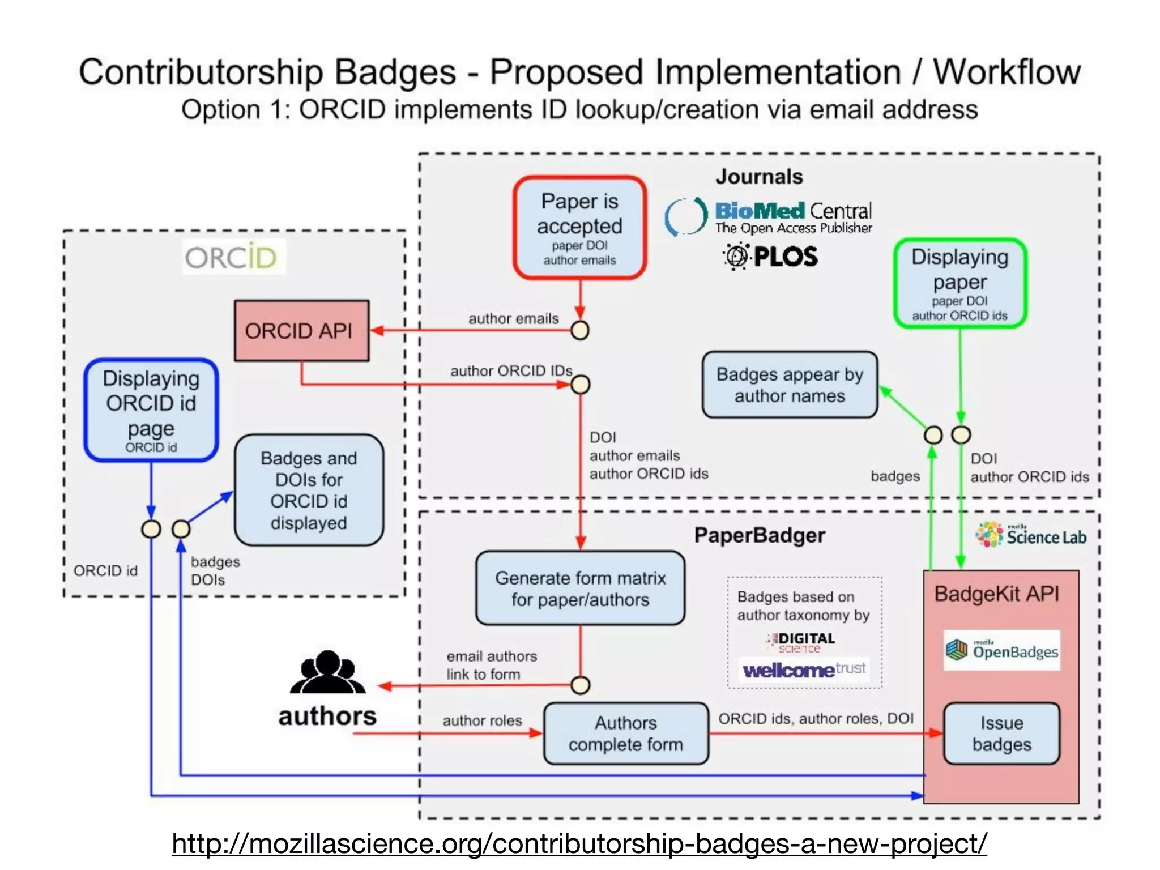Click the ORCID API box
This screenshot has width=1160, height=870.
point(301,331)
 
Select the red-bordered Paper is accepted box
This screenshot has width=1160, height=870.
point(579,228)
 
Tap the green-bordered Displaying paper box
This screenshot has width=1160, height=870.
point(959,283)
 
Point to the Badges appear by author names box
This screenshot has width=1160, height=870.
point(790,385)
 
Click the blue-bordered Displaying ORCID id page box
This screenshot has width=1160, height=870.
point(151,410)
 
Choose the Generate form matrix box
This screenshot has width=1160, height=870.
point(580,588)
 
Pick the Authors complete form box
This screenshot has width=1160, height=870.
point(625,733)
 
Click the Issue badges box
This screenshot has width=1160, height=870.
point(1001,733)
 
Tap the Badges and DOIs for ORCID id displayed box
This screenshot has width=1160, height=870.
point(309,490)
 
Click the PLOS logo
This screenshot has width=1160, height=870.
point(770,257)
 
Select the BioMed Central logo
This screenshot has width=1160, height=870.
point(769,217)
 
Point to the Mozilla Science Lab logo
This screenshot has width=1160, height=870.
point(1030,535)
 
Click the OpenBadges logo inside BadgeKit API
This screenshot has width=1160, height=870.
point(1001,650)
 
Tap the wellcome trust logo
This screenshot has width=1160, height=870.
point(804,670)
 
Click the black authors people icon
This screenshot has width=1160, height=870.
point(327,672)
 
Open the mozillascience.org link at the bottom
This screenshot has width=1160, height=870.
point(579,843)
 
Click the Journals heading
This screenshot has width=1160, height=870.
point(759,177)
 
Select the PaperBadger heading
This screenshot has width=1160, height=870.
point(759,535)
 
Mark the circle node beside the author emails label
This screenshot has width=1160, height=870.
point(580,330)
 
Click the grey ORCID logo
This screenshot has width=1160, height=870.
point(231,258)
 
